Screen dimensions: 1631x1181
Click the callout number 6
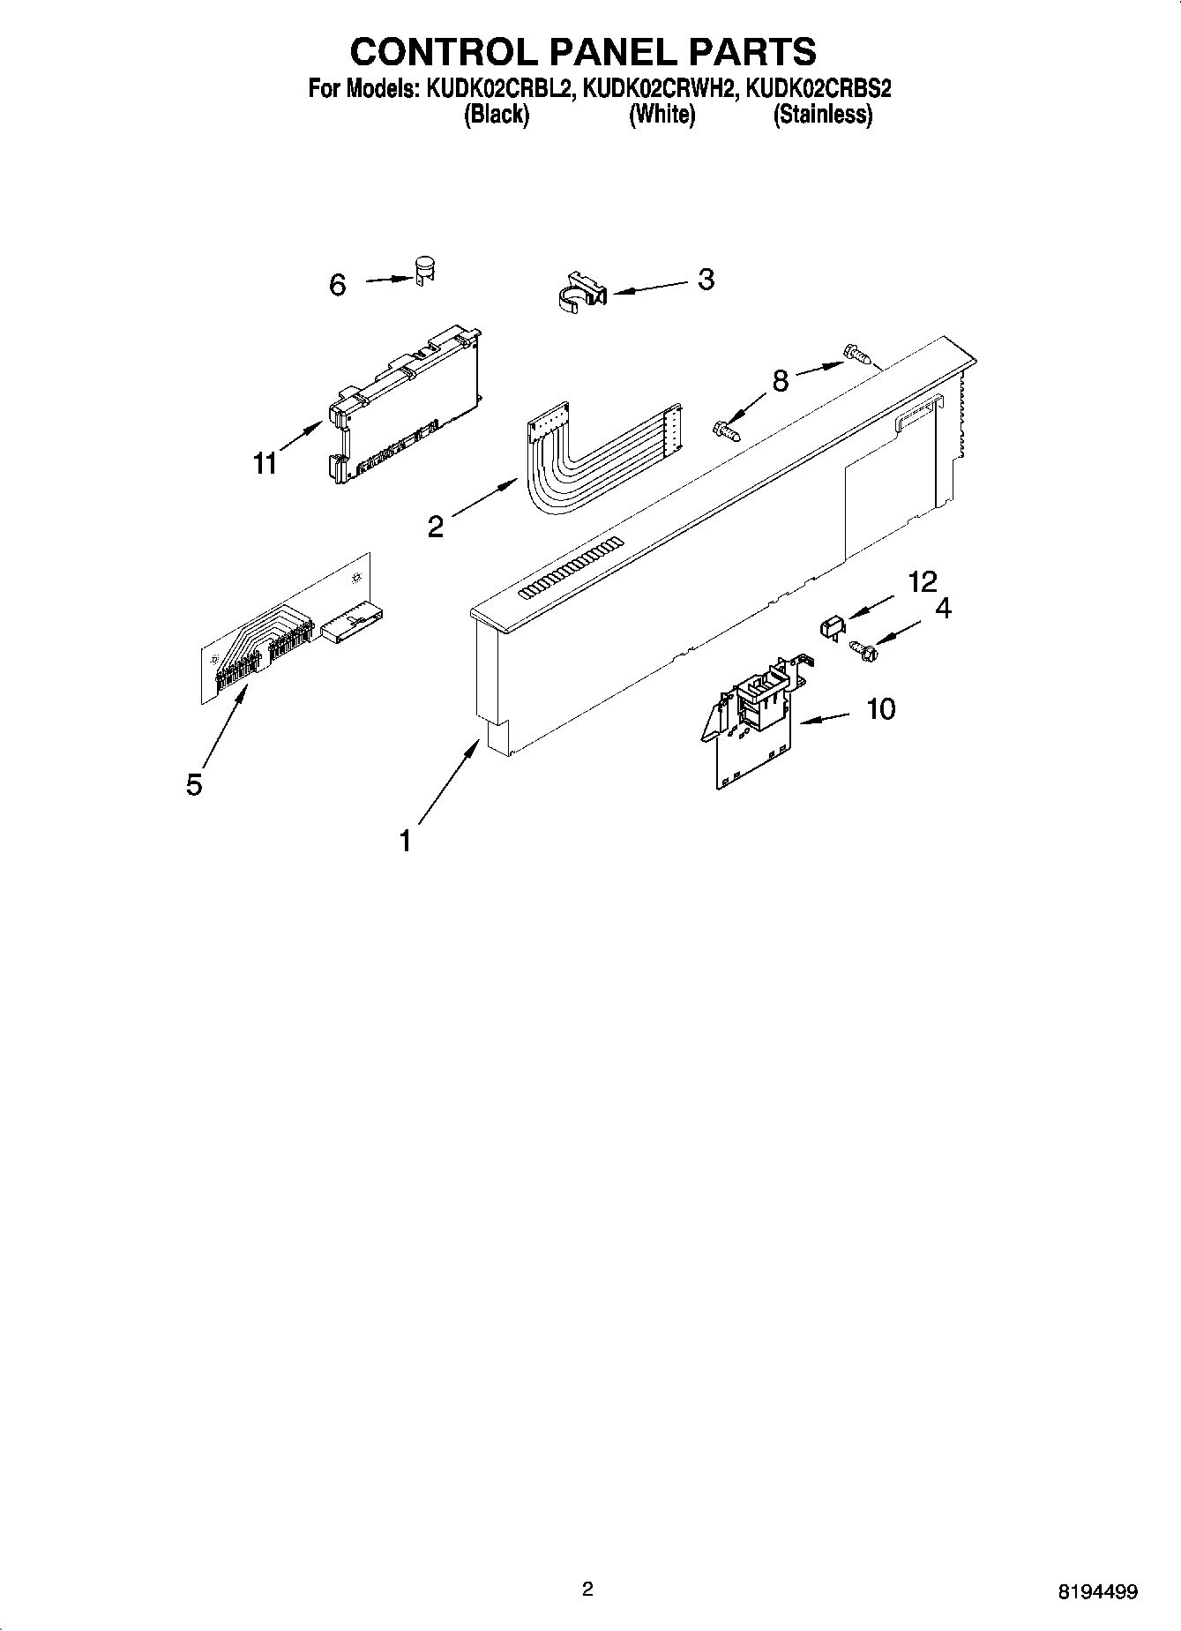(x=338, y=285)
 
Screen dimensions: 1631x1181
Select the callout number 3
(x=706, y=279)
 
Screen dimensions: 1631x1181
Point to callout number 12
(x=923, y=581)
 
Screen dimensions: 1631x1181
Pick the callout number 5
(x=194, y=783)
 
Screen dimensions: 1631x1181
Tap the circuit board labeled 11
(x=405, y=407)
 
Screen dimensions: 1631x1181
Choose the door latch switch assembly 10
(x=757, y=719)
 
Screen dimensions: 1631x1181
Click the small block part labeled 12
(x=829, y=628)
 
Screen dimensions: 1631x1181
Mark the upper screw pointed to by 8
(x=858, y=355)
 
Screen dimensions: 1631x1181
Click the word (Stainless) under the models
(x=823, y=115)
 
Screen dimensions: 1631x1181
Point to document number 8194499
(x=1097, y=1592)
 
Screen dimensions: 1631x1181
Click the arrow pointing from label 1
(x=449, y=782)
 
